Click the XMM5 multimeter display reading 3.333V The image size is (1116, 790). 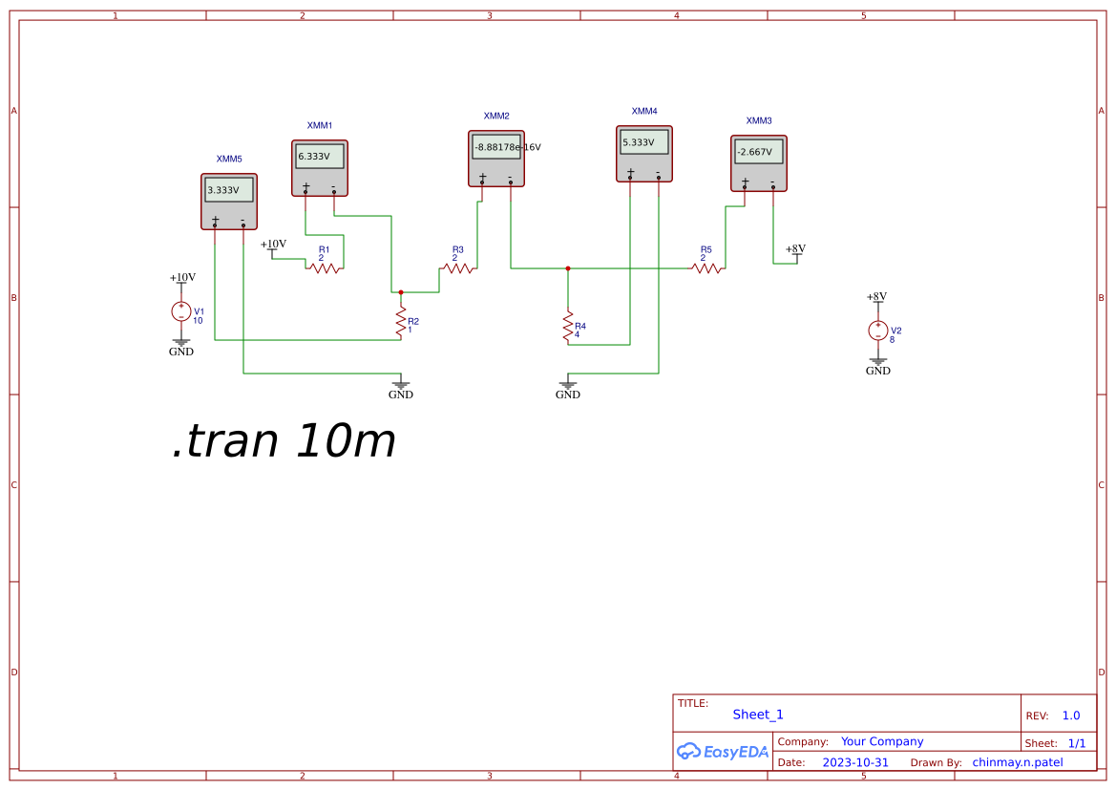[229, 189]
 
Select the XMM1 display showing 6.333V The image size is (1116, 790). [320, 156]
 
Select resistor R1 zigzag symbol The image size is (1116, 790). [325, 268]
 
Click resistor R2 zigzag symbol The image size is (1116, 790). [401, 321]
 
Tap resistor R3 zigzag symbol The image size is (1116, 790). [458, 268]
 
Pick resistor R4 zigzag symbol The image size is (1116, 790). [568, 326]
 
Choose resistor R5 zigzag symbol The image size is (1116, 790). [706, 268]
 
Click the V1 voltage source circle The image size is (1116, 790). [180, 311]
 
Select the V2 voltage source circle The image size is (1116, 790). [877, 331]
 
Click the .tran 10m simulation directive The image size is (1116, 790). [284, 441]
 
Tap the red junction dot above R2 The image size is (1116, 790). [401, 292]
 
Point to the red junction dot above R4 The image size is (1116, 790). [568, 268]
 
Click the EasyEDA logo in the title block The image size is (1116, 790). [723, 751]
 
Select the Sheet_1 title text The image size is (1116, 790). [758, 715]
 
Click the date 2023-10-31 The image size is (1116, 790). [855, 762]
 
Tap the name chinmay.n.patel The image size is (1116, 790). [1018, 762]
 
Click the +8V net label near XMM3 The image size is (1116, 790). [795, 250]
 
